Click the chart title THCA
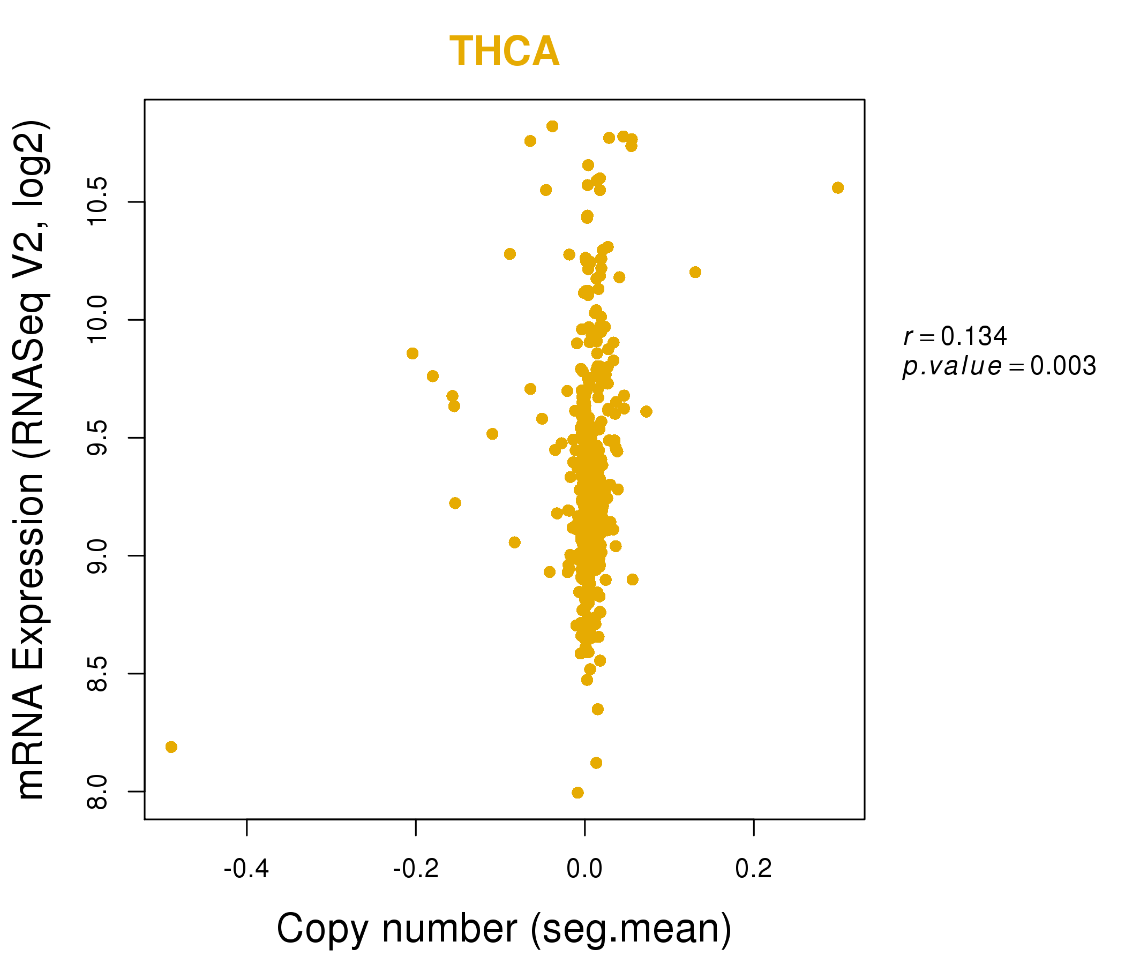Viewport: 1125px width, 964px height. tap(504, 51)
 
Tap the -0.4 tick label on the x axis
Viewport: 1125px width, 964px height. tap(246, 869)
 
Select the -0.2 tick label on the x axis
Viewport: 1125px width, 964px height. tap(415, 869)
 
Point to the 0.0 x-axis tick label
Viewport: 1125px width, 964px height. tap(584, 869)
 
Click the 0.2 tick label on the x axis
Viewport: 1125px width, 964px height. tap(754, 869)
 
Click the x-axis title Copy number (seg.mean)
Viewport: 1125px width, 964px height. tap(504, 929)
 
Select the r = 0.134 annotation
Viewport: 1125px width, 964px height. tap(955, 336)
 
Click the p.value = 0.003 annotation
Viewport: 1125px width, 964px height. tap(999, 366)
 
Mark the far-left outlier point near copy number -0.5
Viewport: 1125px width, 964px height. tap(171, 748)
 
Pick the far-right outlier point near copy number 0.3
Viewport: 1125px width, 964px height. tap(838, 188)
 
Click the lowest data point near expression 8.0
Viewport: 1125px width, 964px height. tap(577, 793)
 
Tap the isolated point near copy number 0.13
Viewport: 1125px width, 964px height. tap(695, 272)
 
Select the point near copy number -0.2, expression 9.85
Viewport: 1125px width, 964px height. tap(412, 353)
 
